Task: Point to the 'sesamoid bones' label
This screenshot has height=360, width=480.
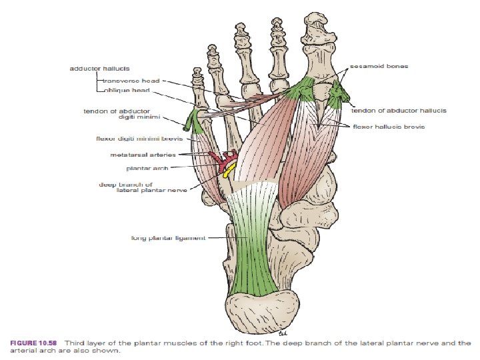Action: coord(380,67)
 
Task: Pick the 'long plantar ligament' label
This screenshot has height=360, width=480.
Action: coord(168,237)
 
